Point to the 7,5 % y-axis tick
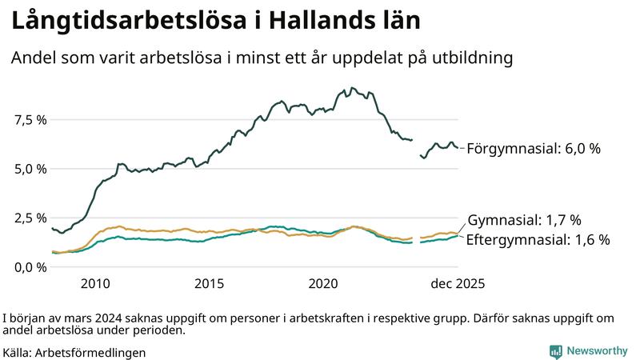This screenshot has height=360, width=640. tap(30, 120)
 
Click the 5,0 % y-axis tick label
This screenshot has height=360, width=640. tap(30, 169)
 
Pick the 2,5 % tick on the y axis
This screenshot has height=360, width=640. tap(30, 218)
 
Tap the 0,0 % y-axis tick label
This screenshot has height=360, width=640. tap(30, 266)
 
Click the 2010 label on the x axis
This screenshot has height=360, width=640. tap(95, 283)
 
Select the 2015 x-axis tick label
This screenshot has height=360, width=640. tap(210, 283)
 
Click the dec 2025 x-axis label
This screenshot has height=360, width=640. tap(458, 283)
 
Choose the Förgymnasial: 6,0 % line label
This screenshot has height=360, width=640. tap(533, 149)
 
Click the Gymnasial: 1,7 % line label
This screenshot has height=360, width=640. tap(524, 220)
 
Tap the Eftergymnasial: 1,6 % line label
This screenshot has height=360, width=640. tap(538, 239)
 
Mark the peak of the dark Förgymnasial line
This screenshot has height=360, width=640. tap(353, 88)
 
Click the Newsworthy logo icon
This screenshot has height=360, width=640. tap(555, 351)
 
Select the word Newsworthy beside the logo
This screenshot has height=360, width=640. tap(597, 351)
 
